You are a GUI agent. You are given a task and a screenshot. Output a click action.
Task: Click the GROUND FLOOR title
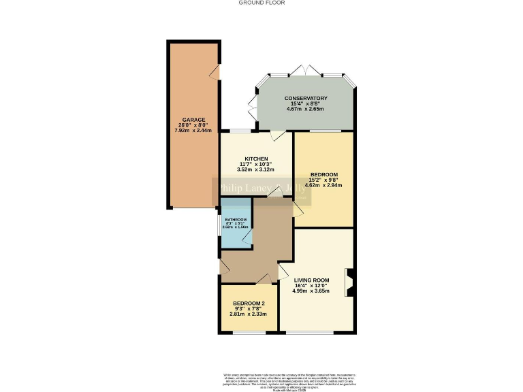click(x=261, y=3)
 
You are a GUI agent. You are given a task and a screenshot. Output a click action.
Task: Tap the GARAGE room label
click(x=193, y=120)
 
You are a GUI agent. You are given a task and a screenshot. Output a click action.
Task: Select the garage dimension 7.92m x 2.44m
click(x=193, y=131)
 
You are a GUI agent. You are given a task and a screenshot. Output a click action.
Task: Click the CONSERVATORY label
click(x=306, y=98)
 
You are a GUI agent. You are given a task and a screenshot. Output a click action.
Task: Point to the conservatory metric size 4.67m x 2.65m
click(x=306, y=109)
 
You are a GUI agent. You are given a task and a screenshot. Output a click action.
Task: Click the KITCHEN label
click(x=247, y=159)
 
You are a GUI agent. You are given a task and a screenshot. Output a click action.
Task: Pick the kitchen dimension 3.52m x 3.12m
click(x=247, y=169)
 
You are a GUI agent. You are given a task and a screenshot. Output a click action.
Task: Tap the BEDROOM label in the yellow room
click(x=323, y=174)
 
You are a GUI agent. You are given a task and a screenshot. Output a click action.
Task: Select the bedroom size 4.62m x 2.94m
click(x=323, y=184)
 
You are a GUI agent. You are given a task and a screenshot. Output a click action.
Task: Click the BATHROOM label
click(x=236, y=219)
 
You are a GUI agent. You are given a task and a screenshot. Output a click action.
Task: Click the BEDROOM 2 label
click(x=249, y=304)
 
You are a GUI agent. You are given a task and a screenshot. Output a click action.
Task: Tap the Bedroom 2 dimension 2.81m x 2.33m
click(x=249, y=314)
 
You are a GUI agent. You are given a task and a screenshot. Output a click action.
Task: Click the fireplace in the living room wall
click(x=349, y=283)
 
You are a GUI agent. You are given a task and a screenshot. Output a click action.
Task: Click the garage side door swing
click(x=215, y=72)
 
